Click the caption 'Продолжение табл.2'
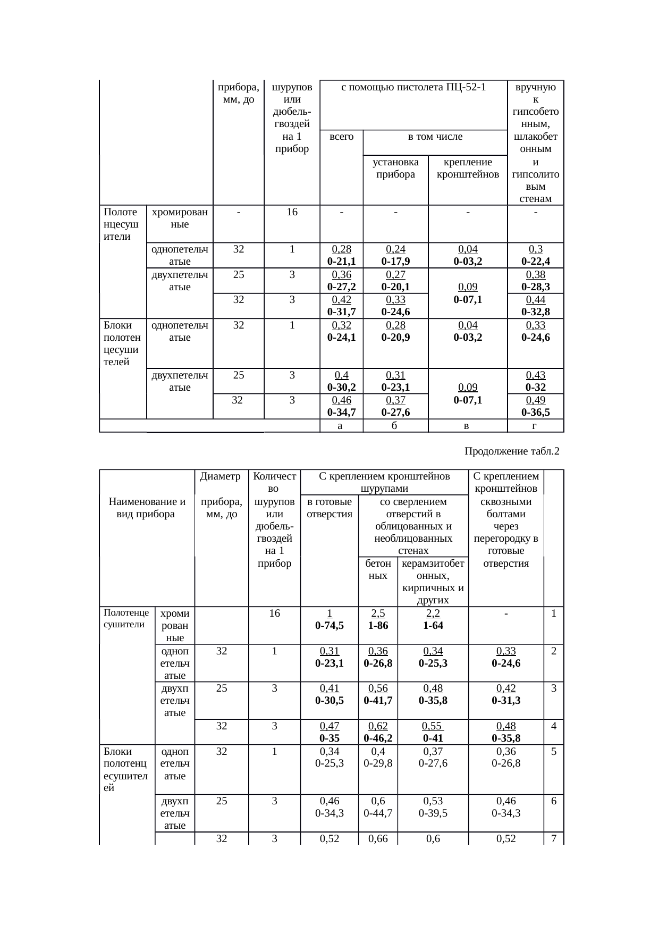tap(512, 451)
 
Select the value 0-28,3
tap(535, 287)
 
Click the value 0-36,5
tap(535, 412)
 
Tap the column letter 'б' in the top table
tap(395, 426)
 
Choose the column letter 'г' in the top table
tap(535, 426)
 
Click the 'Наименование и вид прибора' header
tap(147, 508)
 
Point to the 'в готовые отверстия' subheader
tap(329, 508)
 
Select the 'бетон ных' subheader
tap(378, 569)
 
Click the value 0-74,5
tap(329, 626)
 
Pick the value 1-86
tap(378, 626)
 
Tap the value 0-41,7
tap(378, 701)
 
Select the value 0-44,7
tap(378, 812)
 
